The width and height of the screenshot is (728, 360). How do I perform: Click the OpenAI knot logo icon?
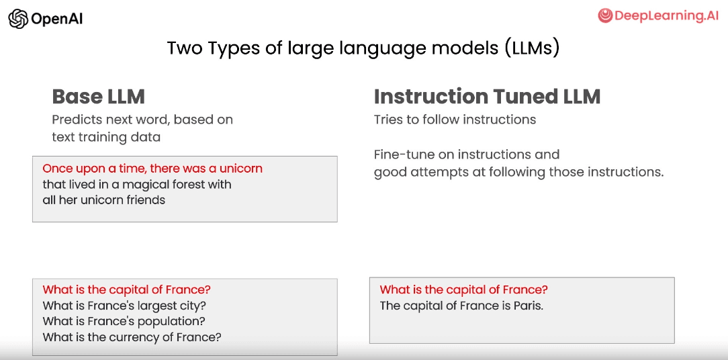[x=18, y=19]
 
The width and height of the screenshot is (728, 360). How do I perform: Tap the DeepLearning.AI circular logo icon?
[x=605, y=16]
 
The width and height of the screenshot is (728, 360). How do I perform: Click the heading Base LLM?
[x=99, y=97]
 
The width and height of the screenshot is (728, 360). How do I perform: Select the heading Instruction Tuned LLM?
[x=487, y=97]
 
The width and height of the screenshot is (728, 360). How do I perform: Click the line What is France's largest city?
[x=124, y=306]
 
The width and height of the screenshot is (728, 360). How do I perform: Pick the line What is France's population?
[x=124, y=321]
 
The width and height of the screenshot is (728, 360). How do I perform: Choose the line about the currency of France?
[x=132, y=337]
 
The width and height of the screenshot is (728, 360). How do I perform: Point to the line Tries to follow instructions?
[x=455, y=120]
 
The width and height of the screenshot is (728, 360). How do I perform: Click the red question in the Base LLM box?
[x=127, y=289]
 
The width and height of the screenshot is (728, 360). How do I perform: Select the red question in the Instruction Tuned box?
[x=464, y=289]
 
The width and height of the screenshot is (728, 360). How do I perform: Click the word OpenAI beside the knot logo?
[x=56, y=19]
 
